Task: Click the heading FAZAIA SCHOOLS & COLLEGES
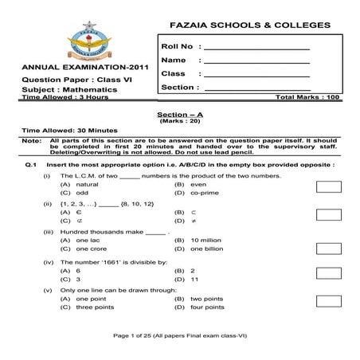click(238, 25)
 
